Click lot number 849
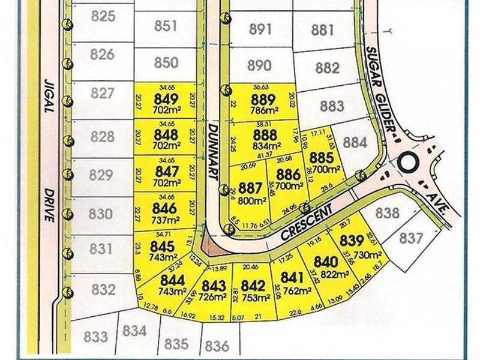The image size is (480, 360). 165,98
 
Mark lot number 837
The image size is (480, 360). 412,239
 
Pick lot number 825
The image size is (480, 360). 103,16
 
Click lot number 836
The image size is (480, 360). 217,346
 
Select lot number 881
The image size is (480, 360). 323,29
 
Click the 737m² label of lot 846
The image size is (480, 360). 165,220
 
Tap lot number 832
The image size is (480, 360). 103,290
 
